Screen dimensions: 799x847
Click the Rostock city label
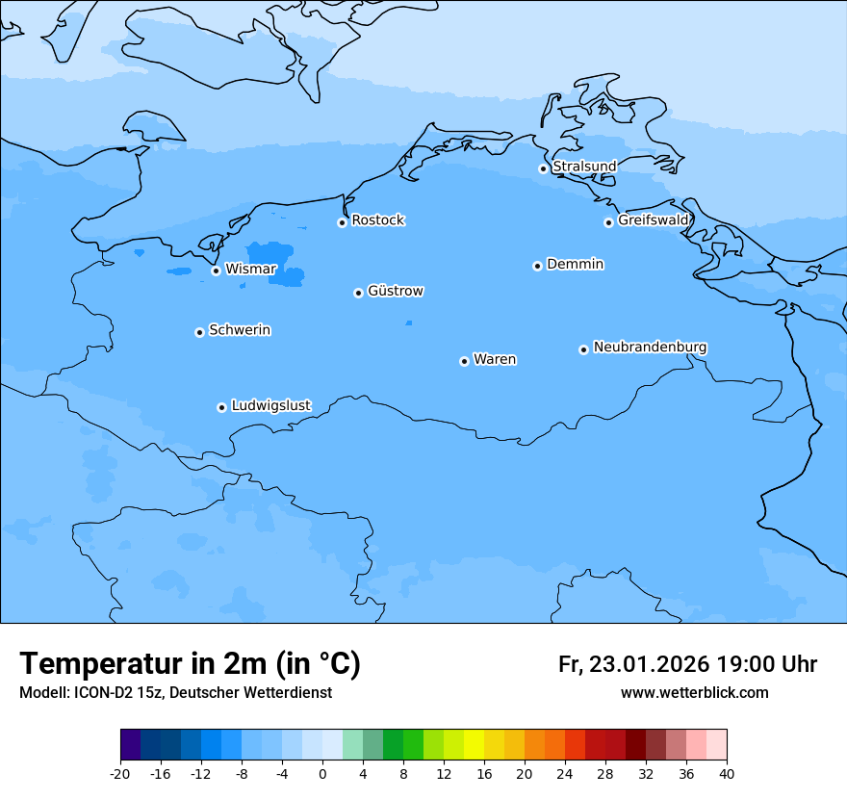tap(377, 220)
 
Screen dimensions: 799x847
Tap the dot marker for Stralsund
tap(543, 168)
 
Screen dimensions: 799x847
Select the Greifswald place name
tap(654, 220)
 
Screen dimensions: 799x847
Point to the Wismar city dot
tap(216, 271)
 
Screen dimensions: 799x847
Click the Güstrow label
tap(396, 291)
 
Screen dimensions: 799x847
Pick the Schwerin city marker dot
tap(199, 332)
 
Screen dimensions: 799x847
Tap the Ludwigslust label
tap(270, 405)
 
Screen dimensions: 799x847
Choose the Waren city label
tap(495, 359)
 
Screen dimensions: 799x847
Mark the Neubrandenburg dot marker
tap(583, 349)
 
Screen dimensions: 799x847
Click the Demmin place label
tap(575, 264)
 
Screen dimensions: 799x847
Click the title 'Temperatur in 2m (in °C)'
tap(190, 663)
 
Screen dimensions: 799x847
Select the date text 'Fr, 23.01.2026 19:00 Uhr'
tap(687, 664)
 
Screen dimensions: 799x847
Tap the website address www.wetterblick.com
tap(694, 692)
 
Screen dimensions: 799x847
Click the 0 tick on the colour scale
tap(322, 773)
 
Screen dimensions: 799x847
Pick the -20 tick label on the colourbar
tap(120, 773)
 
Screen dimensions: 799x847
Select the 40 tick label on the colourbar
tap(727, 773)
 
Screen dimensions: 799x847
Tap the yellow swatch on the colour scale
tap(474, 745)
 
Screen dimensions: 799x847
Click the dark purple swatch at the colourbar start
tap(131, 745)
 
